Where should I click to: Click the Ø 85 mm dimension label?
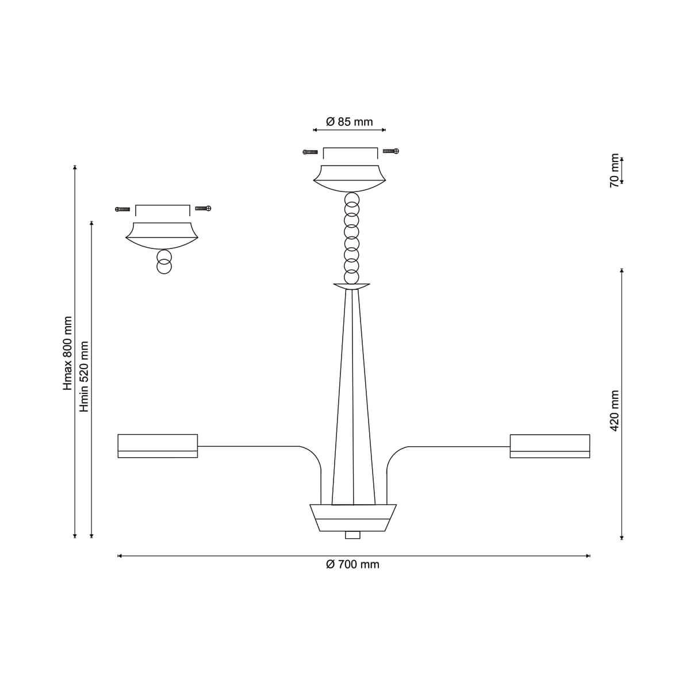pyautogui.click(x=349, y=122)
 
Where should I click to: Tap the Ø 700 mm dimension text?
pyautogui.click(x=352, y=565)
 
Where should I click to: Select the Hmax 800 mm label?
pyautogui.click(x=67, y=353)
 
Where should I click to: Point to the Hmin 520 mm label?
pyautogui.click(x=84, y=376)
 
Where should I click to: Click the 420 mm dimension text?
pyautogui.click(x=615, y=411)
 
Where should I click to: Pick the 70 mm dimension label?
pyautogui.click(x=615, y=171)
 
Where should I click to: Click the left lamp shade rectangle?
pyautogui.click(x=158, y=446)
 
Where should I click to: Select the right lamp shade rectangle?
pyautogui.click(x=550, y=446)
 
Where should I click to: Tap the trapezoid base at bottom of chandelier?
pyautogui.click(x=353, y=517)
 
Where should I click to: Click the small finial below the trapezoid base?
pyautogui.click(x=352, y=535)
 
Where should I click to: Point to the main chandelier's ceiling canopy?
pyautogui.click(x=350, y=179)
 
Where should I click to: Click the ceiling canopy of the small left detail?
pyautogui.click(x=162, y=236)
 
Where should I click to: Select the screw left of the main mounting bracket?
pyautogui.click(x=310, y=152)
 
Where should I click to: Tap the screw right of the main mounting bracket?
pyautogui.click(x=390, y=151)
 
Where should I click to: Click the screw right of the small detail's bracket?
pyautogui.click(x=203, y=208)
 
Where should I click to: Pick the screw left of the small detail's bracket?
pyautogui.click(x=122, y=209)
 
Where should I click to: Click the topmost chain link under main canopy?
pyautogui.click(x=352, y=199)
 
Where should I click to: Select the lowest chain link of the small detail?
pyautogui.click(x=164, y=267)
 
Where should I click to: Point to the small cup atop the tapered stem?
pyautogui.click(x=352, y=286)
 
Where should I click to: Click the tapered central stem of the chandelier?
pyautogui.click(x=354, y=397)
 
